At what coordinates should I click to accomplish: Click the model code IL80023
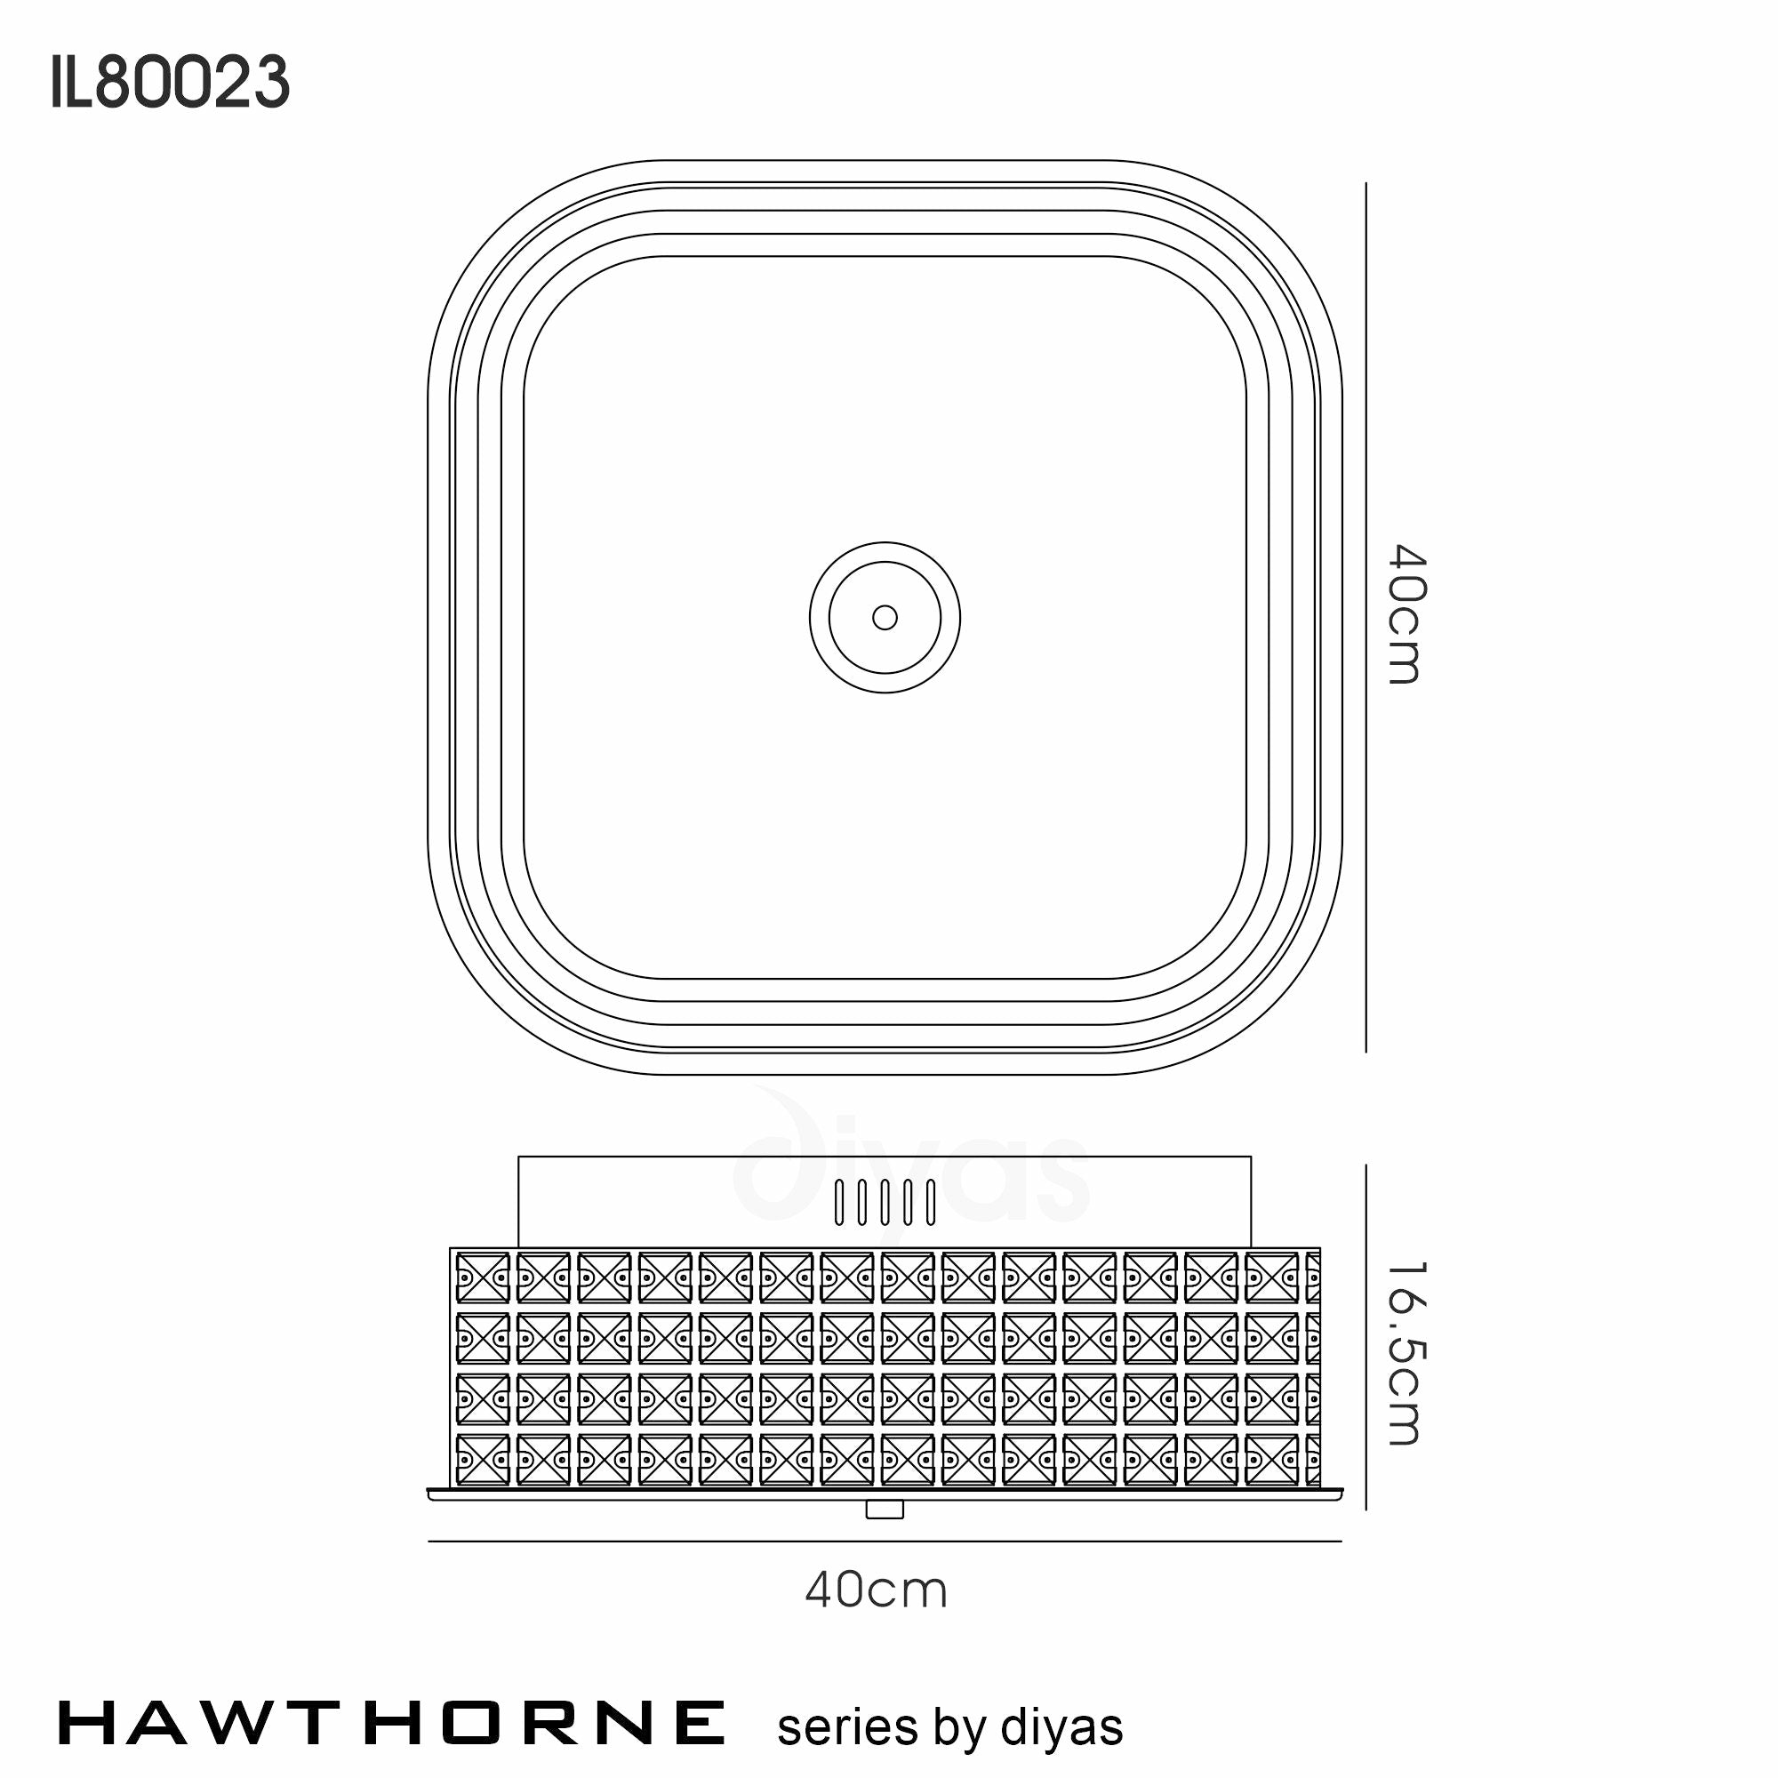pyautogui.click(x=171, y=82)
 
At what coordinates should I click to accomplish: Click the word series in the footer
pyautogui.click(x=846, y=1727)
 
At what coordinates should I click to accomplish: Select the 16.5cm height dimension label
pyautogui.click(x=1406, y=1354)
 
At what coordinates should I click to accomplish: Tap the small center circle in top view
pyautogui.click(x=885, y=618)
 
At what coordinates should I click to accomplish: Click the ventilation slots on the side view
pyautogui.click(x=885, y=1202)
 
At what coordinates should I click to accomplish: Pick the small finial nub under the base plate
pyautogui.click(x=885, y=1510)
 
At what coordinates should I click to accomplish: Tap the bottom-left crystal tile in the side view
pyautogui.click(x=482, y=1460)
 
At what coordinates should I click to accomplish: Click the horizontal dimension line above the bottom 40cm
pyautogui.click(x=885, y=1542)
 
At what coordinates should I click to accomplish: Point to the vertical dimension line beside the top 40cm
pyautogui.click(x=1366, y=617)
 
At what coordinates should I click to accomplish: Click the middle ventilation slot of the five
pyautogui.click(x=885, y=1202)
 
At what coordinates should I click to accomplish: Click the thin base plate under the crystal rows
pyautogui.click(x=885, y=1494)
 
